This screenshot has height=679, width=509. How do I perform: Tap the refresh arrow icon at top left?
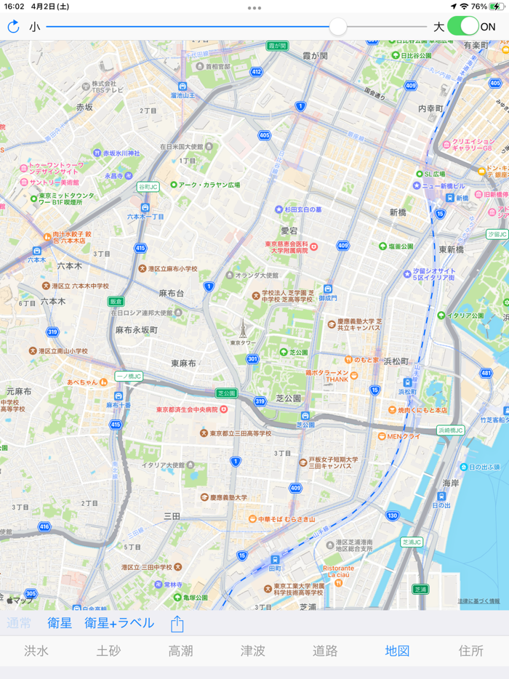tap(13, 27)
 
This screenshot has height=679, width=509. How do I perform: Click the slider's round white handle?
tap(338, 27)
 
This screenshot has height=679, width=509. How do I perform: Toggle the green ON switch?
tap(463, 27)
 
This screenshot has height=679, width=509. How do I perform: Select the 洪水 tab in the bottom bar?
tap(36, 651)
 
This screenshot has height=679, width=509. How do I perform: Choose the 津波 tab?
tap(253, 651)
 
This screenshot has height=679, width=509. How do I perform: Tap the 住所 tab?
tap(470, 651)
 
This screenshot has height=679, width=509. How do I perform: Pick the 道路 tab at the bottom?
tap(325, 651)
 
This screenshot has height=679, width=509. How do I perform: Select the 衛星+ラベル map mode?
tap(119, 623)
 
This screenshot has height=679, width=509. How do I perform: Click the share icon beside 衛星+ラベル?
tap(177, 624)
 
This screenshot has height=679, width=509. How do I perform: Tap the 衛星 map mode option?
tap(60, 623)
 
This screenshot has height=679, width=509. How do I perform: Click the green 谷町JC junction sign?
tap(148, 186)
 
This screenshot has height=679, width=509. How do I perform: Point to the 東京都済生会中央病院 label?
tap(187, 409)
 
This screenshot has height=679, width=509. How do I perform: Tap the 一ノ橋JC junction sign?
tap(129, 377)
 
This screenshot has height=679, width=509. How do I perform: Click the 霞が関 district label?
tap(315, 56)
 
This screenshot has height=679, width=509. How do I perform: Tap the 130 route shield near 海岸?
tap(393, 515)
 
